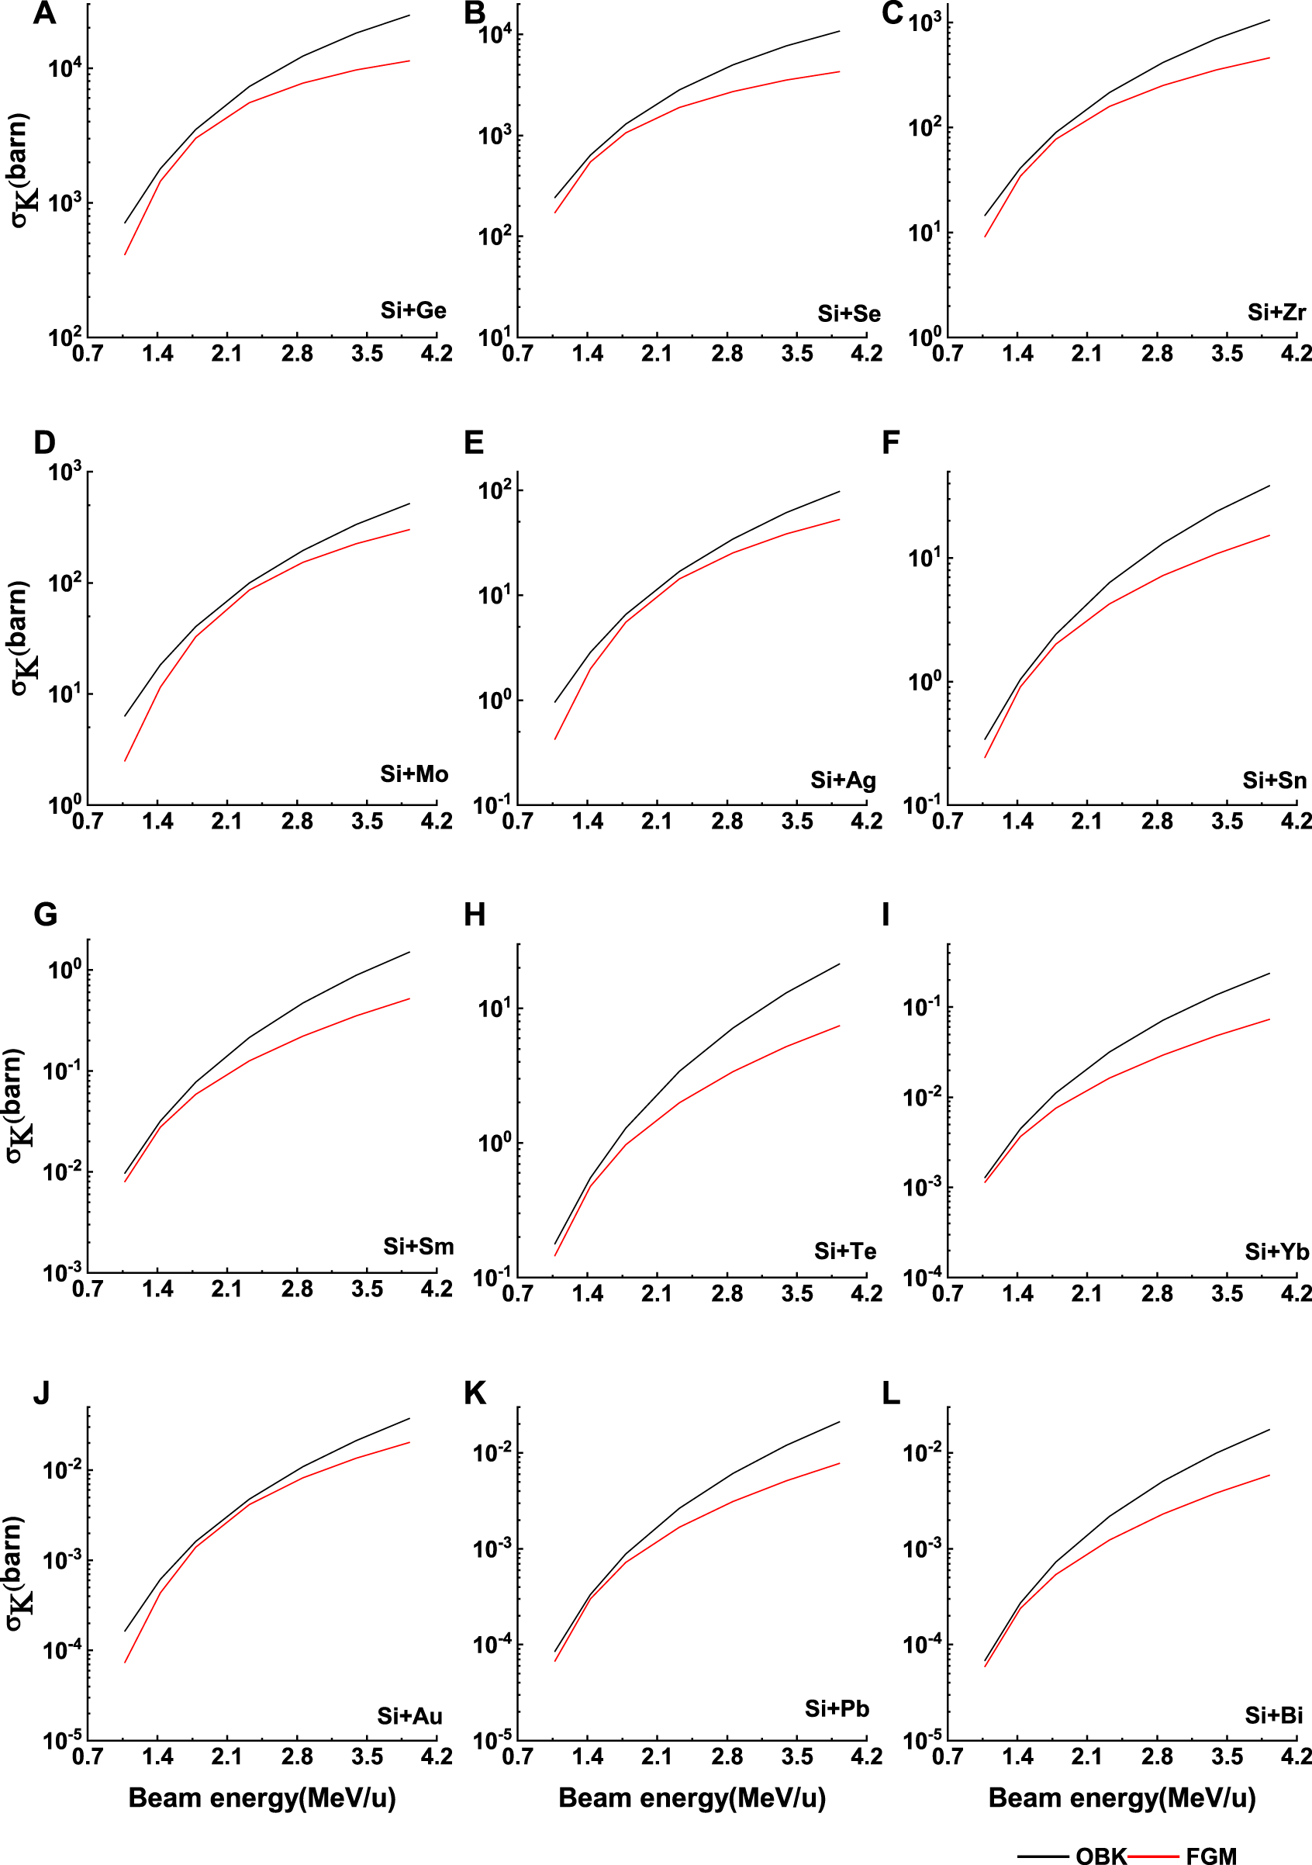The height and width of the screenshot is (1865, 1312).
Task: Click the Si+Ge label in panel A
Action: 413,310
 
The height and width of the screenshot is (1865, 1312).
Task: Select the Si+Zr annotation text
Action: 1276,313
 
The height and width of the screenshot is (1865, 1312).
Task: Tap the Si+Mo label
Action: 414,774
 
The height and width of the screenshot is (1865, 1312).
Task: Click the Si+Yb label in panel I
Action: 1277,1251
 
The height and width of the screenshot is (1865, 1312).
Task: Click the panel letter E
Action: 474,443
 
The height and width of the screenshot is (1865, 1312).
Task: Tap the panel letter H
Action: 475,915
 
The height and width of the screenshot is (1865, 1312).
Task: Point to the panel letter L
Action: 891,1393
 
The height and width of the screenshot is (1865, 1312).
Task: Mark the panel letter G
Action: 46,915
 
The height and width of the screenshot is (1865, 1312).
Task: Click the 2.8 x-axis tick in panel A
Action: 297,355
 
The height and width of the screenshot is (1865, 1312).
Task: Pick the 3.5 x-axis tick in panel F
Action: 1227,822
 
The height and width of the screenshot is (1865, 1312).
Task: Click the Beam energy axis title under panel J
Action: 261,1798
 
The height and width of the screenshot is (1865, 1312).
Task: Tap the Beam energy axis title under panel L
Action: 1121,1798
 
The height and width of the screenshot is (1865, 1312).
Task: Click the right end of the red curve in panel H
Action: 839,1026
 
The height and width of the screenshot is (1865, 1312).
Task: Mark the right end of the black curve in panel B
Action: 839,31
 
